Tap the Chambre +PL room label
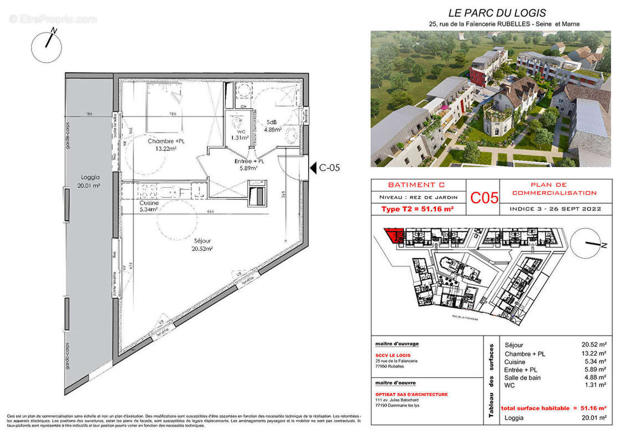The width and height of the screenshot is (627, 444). (x=166, y=145)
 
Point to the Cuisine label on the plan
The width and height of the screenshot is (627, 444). (x=149, y=206)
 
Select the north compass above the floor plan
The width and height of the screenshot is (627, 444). (x=47, y=46)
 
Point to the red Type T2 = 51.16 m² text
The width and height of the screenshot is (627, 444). (x=418, y=209)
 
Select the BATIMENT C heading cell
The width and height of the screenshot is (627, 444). (x=419, y=185)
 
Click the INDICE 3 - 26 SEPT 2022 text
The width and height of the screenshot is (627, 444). (x=555, y=209)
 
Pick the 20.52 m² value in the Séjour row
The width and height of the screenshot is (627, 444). (x=593, y=345)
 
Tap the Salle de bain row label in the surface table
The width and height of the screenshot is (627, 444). (x=522, y=378)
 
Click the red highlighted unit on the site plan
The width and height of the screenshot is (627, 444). (x=395, y=235)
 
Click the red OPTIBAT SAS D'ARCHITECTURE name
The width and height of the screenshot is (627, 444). (x=411, y=395)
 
